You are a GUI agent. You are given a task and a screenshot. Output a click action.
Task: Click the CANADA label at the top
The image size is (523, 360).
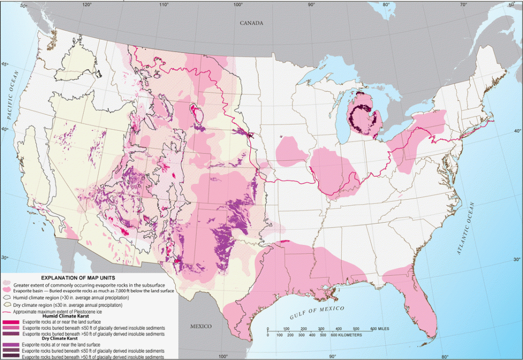tap(252, 23)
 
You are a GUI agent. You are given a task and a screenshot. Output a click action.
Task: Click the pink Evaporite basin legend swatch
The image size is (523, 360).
tap(7, 290)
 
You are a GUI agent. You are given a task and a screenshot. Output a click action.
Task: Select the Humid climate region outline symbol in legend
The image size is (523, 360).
tap(7, 297)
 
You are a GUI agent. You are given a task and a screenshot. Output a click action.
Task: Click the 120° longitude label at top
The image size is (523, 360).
tap(87, 4)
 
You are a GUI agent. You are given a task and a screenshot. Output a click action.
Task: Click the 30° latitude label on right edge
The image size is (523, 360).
tap(517, 259)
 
